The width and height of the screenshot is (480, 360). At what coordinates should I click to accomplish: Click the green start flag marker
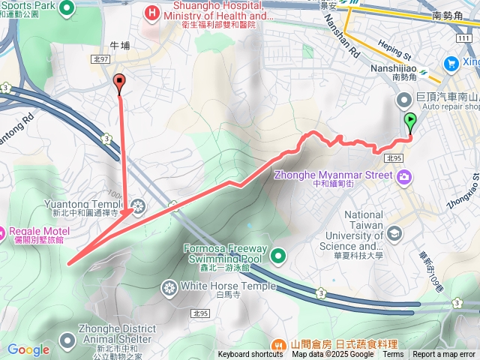click(410, 121)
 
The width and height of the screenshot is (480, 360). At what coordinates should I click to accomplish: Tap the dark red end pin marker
click(118, 82)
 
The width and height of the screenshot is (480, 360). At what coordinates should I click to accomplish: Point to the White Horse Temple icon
click(169, 286)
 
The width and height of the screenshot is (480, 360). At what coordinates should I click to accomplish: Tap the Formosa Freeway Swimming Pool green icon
click(278, 256)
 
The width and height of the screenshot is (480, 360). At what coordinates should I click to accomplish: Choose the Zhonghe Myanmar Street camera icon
click(405, 176)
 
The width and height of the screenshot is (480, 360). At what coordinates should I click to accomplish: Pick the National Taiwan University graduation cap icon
click(394, 234)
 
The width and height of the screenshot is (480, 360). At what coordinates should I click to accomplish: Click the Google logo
click(28, 349)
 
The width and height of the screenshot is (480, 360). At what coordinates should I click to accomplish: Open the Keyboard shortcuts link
click(250, 355)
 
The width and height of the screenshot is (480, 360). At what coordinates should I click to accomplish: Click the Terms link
click(393, 355)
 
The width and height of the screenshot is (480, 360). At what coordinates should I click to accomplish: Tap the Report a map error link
click(445, 355)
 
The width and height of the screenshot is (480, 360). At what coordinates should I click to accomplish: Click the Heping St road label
click(398, 53)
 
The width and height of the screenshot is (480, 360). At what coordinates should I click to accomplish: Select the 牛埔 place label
click(120, 46)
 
